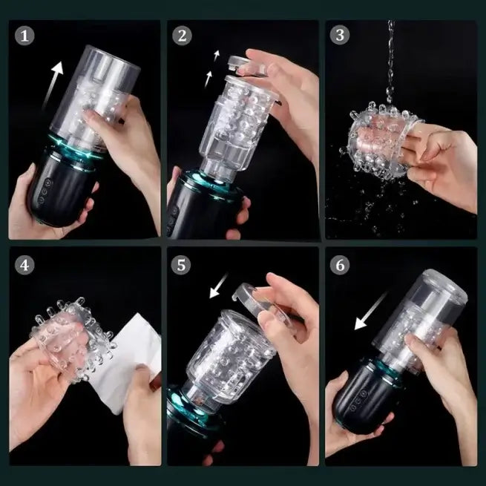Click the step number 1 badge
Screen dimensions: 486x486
point(24,36)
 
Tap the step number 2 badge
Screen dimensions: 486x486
point(182,36)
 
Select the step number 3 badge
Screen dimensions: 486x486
point(340,35)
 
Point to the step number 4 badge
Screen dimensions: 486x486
point(24,265)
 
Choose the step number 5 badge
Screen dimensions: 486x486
point(181,265)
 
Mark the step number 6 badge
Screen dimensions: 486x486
point(340,265)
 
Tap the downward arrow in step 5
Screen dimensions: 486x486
point(218,286)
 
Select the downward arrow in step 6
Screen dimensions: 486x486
point(370,311)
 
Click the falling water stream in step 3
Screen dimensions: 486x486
point(390,62)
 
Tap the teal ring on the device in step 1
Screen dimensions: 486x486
point(74,147)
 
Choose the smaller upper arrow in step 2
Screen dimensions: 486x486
point(217,56)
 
